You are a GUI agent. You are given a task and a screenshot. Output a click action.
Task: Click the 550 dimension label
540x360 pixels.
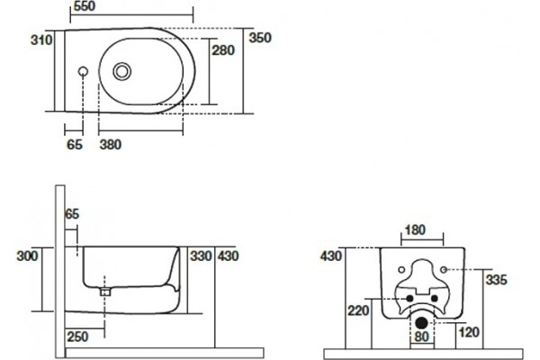pyautogui.click(x=85, y=6)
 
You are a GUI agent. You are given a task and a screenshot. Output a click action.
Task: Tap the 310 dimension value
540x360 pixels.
pyautogui.click(x=41, y=40)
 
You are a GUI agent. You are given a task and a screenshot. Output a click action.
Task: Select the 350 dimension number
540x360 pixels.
pyautogui.click(x=260, y=38)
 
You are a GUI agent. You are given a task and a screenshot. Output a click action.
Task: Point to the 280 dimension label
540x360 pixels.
pyautogui.click(x=223, y=50)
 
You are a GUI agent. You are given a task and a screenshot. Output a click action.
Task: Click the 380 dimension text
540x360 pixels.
pyautogui.click(x=111, y=144)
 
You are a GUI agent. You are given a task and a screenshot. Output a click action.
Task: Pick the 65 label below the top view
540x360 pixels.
pyautogui.click(x=75, y=144)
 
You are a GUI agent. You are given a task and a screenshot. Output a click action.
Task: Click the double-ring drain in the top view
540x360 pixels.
pyautogui.click(x=121, y=71)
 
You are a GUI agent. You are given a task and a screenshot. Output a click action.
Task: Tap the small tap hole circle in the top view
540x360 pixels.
pyautogui.click(x=83, y=71)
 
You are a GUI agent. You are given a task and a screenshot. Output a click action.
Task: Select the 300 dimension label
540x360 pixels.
pyautogui.click(x=27, y=256)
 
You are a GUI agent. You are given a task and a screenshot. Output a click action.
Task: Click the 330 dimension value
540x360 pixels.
pyautogui.click(x=201, y=256)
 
